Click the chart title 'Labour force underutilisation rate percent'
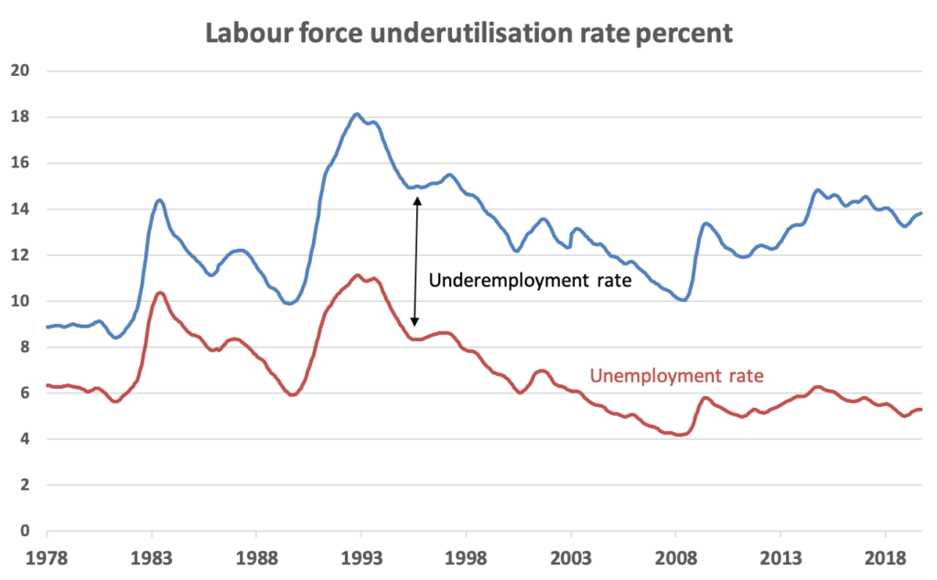(x=468, y=33)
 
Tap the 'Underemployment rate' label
(x=530, y=280)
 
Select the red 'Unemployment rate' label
(x=676, y=375)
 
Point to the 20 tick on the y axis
(x=20, y=71)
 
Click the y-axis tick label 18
(x=20, y=117)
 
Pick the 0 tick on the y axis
(x=25, y=532)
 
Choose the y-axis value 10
(x=20, y=302)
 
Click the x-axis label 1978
(x=47, y=556)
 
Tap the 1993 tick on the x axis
(x=361, y=556)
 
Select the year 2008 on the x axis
(x=675, y=556)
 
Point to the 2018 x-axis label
(x=885, y=556)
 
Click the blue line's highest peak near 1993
(x=357, y=114)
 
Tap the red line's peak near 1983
(x=160, y=293)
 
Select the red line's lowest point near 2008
(x=679, y=435)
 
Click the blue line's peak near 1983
(x=159, y=199)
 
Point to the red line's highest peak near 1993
(x=358, y=274)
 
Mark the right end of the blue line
(x=921, y=213)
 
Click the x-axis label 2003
(x=570, y=556)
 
